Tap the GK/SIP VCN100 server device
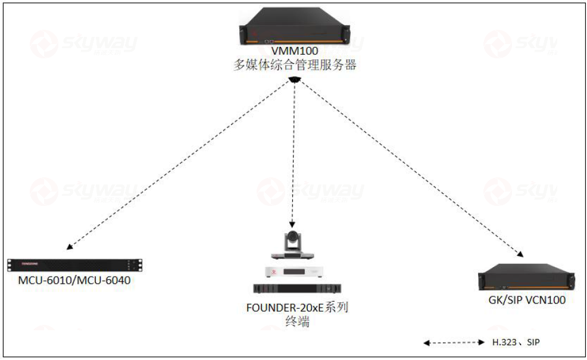[527, 279]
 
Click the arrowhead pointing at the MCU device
[70, 247]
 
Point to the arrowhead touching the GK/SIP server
[520, 255]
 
